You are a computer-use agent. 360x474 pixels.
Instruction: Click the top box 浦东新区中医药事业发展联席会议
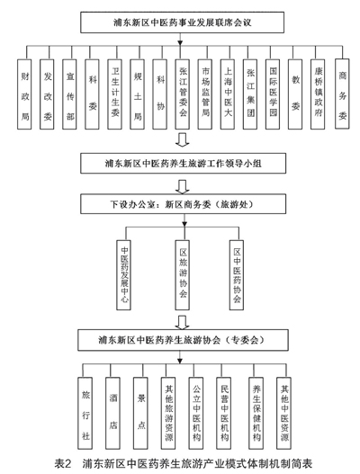point(182,22)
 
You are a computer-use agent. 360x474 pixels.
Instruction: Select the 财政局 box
point(24,94)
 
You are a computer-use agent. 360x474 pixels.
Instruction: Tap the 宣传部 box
point(69,94)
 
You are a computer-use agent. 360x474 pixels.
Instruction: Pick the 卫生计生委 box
point(114,94)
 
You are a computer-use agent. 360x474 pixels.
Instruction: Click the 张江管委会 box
point(183,94)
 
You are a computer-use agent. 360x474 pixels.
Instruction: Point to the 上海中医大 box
point(228,94)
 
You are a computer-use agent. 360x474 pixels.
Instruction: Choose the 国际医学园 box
point(273,94)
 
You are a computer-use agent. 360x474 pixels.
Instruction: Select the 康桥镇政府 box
point(318,94)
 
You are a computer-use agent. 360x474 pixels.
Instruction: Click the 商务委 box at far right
point(342,94)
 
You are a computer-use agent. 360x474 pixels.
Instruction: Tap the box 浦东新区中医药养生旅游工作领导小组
point(183,163)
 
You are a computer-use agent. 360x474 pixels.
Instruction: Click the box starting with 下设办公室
point(183,204)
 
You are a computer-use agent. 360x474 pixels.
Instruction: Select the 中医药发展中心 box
point(123,275)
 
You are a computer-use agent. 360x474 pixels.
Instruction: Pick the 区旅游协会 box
point(183,275)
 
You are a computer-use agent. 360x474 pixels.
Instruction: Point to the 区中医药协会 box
point(237,275)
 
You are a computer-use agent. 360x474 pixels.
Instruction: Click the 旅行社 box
point(85,413)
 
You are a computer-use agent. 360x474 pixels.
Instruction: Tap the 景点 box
point(140,413)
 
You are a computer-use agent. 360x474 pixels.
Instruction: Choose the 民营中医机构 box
point(224,413)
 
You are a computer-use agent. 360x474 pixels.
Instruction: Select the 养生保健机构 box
point(256,413)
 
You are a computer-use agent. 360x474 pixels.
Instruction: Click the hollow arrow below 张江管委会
point(183,139)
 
